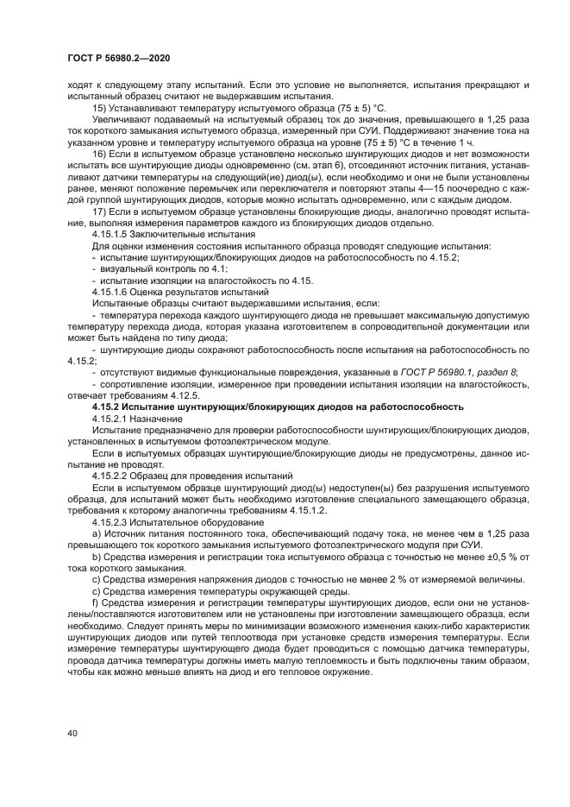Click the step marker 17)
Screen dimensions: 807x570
tap(99, 211)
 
